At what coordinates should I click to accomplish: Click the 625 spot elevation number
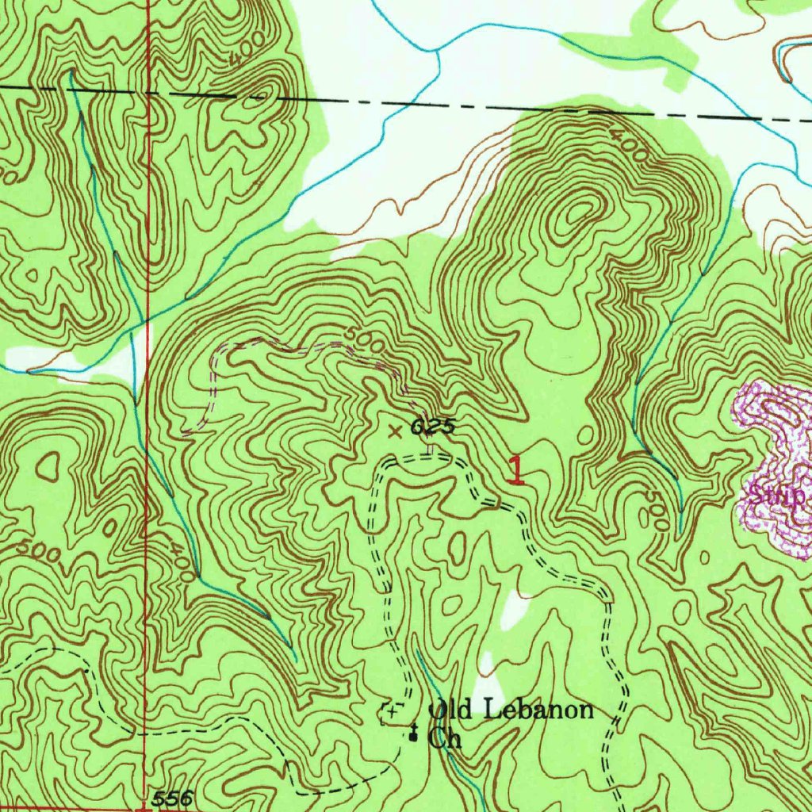[x=433, y=428]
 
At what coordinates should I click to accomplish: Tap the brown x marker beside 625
[x=395, y=432]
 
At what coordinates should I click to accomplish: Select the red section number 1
[x=515, y=470]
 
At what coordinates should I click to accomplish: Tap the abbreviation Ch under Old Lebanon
[x=444, y=739]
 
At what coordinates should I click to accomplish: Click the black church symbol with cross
[x=413, y=734]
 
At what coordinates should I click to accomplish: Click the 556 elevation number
[x=172, y=799]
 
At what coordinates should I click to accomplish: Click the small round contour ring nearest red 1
[x=586, y=434]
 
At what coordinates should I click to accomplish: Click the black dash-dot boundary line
[x=476, y=105]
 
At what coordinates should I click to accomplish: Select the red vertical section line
[x=146, y=396]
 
